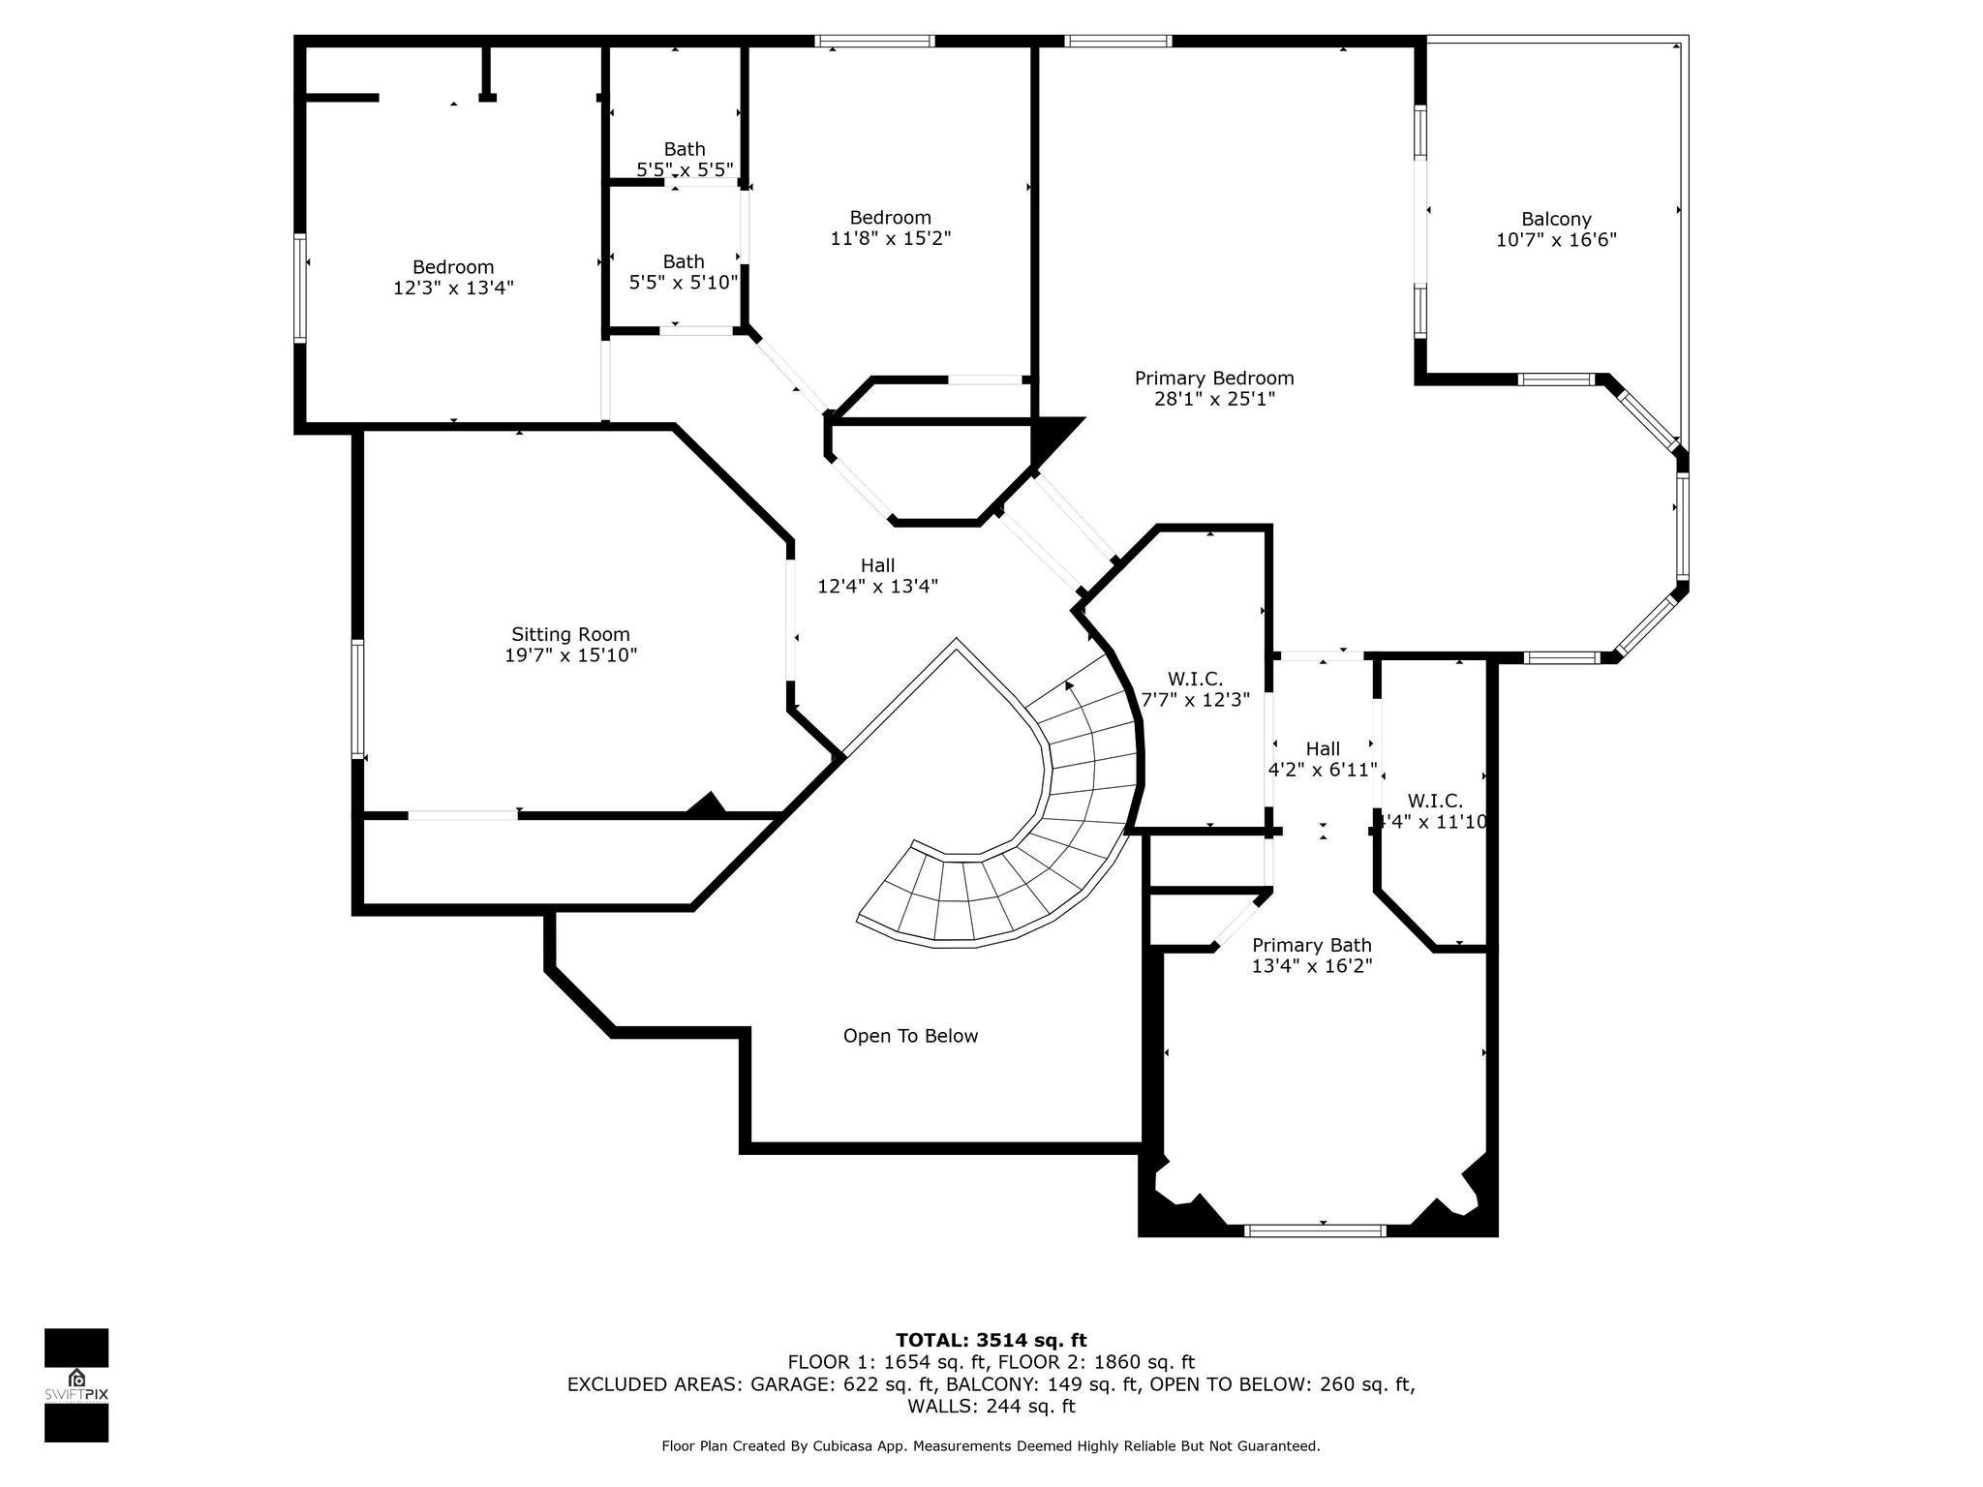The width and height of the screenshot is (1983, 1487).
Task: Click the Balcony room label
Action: pyautogui.click(x=1556, y=219)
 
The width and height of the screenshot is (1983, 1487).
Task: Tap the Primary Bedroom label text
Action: pyautogui.click(x=1214, y=378)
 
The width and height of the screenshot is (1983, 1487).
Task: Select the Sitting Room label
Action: pyautogui.click(x=570, y=634)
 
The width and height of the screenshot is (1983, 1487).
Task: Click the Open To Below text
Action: pyautogui.click(x=910, y=1036)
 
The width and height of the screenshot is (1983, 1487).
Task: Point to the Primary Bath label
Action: pyautogui.click(x=1312, y=945)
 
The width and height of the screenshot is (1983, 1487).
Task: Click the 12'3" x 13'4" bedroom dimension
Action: pyautogui.click(x=453, y=288)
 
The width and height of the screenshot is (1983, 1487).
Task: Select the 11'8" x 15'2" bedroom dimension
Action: pyautogui.click(x=891, y=238)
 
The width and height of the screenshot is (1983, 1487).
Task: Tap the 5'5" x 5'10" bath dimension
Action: pyautogui.click(x=684, y=283)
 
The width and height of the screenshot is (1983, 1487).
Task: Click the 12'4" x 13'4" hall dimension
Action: pyautogui.click(x=878, y=586)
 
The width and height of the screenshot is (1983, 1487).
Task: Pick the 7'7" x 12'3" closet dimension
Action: pyautogui.click(x=1196, y=699)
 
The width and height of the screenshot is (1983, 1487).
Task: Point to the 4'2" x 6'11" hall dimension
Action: pyautogui.click(x=1323, y=770)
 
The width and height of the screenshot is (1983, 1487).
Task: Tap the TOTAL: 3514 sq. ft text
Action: pyautogui.click(x=991, y=1340)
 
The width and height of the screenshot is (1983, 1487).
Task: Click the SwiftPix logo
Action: pyautogui.click(x=76, y=1385)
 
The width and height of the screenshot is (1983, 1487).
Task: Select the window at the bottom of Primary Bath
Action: pyautogui.click(x=1315, y=1230)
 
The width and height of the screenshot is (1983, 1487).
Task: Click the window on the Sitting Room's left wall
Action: pyautogui.click(x=357, y=698)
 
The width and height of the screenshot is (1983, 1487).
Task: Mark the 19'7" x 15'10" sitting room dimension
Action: pyautogui.click(x=570, y=655)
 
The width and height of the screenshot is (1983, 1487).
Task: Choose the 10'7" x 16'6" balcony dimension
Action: pyautogui.click(x=1556, y=240)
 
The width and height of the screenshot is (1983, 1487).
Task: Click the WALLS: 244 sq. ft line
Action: pyautogui.click(x=991, y=1406)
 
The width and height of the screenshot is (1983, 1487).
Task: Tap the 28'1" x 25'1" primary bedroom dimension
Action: pyautogui.click(x=1214, y=399)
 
